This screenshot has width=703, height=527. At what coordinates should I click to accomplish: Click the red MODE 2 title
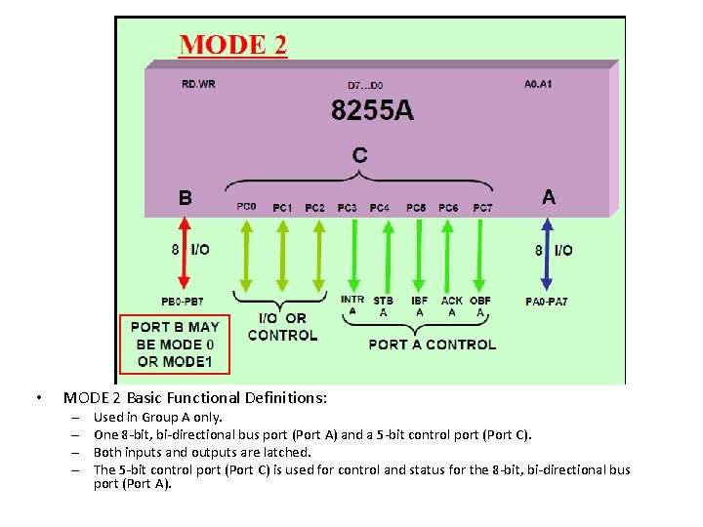232,45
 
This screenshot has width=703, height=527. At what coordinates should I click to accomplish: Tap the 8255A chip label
372,110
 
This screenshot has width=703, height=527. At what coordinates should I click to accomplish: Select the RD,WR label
198,84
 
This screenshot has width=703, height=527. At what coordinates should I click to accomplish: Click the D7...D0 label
366,85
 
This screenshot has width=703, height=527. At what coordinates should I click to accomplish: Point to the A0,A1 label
538,84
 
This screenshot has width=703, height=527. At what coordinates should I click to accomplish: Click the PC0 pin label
246,207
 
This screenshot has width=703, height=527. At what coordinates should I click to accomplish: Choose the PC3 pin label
347,207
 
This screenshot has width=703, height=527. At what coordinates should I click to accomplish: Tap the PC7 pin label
482,207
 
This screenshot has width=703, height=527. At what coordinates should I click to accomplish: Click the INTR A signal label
352,305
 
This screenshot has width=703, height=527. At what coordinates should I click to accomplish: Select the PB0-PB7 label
183,302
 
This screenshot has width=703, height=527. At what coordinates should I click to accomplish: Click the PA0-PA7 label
546,302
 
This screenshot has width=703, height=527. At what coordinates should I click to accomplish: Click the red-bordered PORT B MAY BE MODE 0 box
175,344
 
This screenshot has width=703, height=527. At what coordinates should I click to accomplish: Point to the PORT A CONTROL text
432,344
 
